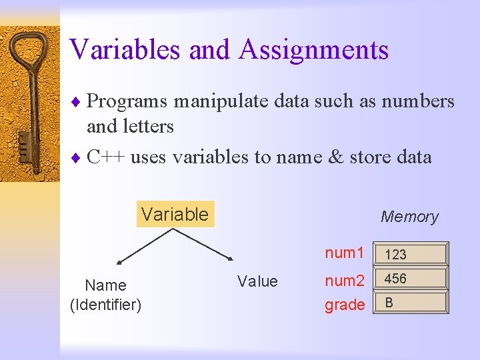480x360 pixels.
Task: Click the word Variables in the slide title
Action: pos(125,49)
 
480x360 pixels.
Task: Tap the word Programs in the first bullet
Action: pos(127,101)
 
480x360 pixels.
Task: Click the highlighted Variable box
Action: pos(175,214)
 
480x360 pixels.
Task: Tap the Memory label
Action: pos(409,217)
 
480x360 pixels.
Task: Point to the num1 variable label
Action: pos(344,253)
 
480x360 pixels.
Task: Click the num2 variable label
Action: pos(344,281)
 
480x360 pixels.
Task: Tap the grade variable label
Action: pos(344,305)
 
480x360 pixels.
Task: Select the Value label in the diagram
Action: pos(257,281)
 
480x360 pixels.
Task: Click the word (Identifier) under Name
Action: pos(105,305)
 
